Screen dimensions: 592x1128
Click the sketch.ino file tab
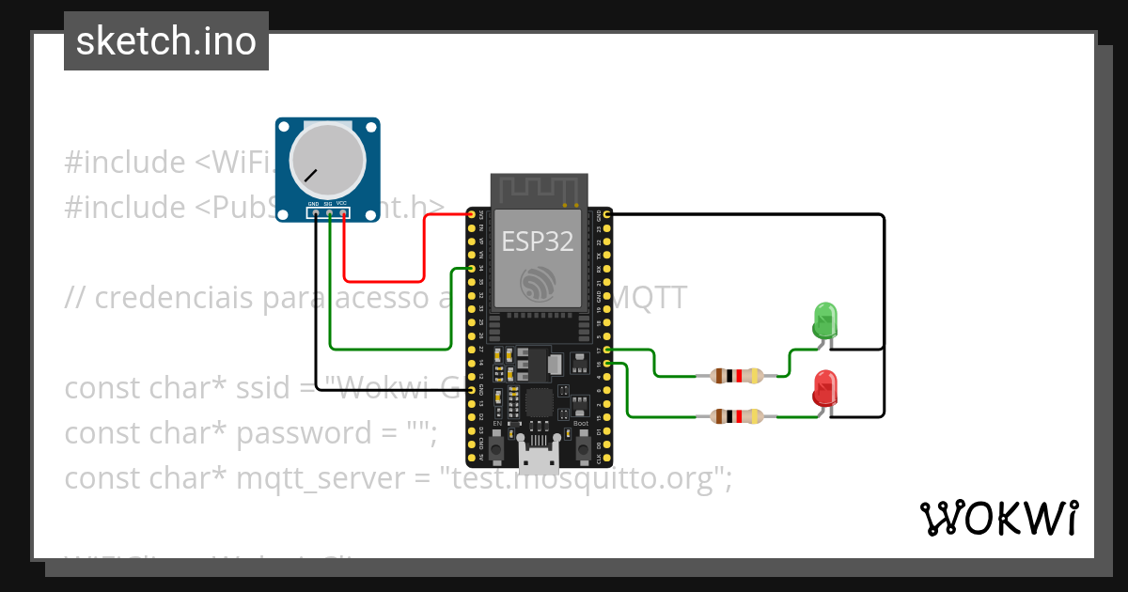166,41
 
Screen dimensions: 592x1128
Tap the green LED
824,320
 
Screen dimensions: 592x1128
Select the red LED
824,389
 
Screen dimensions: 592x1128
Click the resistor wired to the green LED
736,376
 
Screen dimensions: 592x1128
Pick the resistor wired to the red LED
736,415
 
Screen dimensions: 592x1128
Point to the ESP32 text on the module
537,241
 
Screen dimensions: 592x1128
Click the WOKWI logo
998,519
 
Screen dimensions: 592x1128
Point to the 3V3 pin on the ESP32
472,215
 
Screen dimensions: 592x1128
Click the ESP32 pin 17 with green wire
607,350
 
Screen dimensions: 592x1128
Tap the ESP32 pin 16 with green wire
607,363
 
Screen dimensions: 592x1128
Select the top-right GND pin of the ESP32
607,215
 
